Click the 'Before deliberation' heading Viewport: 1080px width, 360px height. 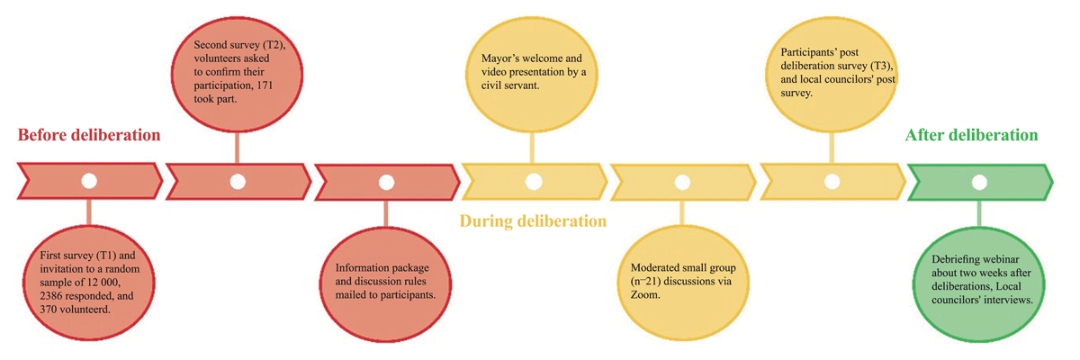coord(89,136)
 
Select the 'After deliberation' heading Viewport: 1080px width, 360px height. coord(971,136)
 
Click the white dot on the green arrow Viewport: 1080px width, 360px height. coord(979,181)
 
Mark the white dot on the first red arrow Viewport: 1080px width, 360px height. coord(88,181)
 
